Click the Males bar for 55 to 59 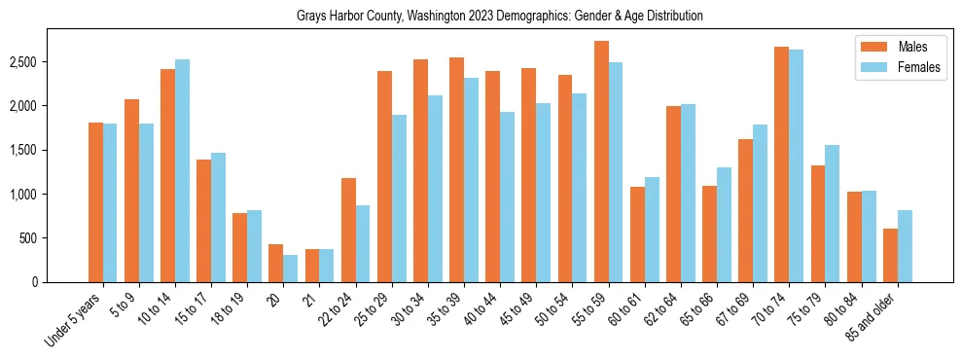coord(601,162)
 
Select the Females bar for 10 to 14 coord(182,170)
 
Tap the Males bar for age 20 coord(276,263)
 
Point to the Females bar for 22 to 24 coord(363,243)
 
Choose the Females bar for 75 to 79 coord(833,213)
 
